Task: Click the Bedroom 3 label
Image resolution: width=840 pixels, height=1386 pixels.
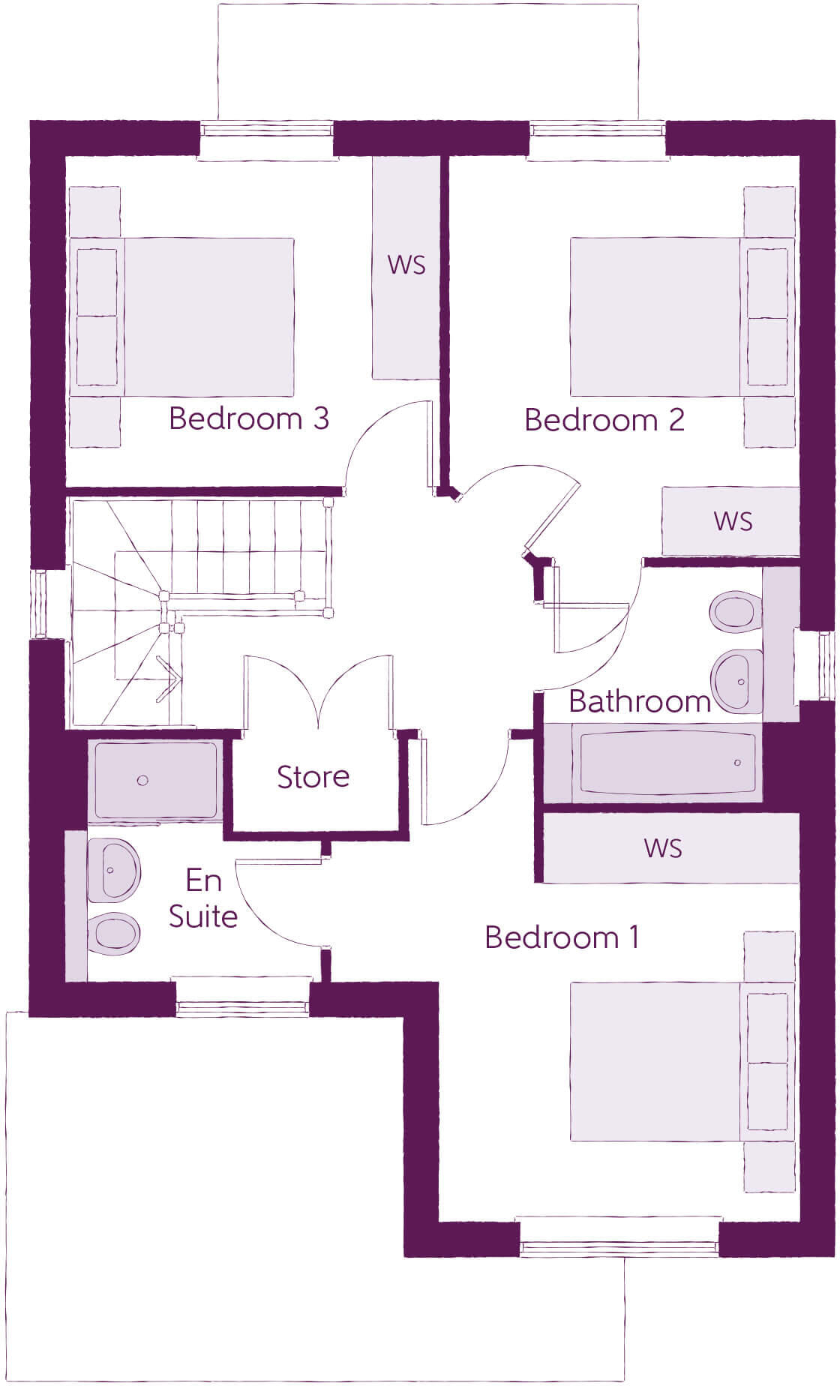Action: tap(248, 418)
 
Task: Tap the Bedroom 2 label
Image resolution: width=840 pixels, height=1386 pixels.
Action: tap(604, 420)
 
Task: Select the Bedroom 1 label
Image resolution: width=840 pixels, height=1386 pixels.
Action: tap(561, 937)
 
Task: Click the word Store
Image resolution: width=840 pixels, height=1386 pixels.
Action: tap(313, 777)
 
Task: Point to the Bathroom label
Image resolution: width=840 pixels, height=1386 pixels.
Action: tap(639, 701)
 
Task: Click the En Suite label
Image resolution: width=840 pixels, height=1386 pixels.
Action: tap(202, 898)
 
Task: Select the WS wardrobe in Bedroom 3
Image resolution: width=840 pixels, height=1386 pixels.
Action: tap(406, 266)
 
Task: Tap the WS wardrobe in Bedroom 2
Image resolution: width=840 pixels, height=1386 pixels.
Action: tap(730, 521)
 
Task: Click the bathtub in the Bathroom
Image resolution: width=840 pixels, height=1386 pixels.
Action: tap(666, 763)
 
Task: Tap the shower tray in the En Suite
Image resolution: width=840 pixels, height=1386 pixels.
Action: tap(154, 781)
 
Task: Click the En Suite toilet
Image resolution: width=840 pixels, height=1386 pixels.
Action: tap(114, 934)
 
